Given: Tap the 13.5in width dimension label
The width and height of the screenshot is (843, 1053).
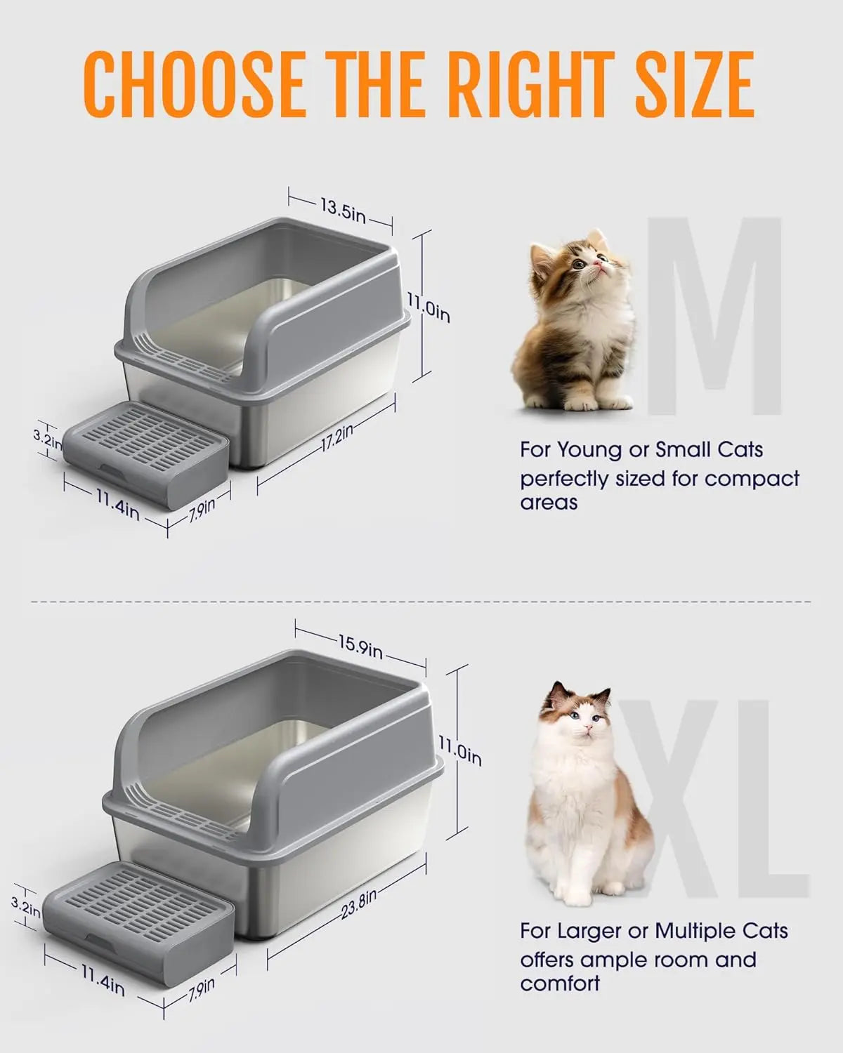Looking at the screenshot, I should (x=343, y=210).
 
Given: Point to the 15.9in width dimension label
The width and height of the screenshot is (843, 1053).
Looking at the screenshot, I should (x=359, y=647).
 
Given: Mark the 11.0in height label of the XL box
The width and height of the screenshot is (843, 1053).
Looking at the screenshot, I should (x=460, y=751).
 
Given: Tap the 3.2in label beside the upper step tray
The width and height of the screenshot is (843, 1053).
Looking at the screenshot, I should (x=47, y=439).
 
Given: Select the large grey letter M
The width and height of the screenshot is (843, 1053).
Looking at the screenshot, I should (x=713, y=316).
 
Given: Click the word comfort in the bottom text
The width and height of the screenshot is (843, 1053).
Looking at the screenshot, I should (x=560, y=983).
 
